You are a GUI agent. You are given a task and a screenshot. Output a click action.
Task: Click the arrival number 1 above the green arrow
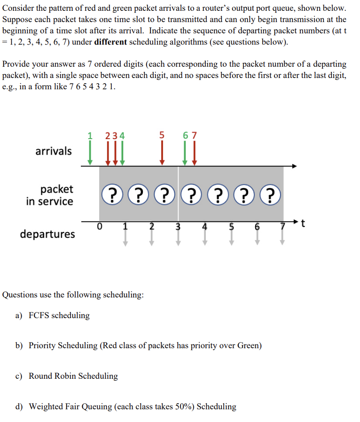pos(90,135)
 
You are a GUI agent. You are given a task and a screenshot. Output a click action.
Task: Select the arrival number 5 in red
pos(162,135)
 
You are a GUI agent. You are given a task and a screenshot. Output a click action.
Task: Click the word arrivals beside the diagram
pos(54,151)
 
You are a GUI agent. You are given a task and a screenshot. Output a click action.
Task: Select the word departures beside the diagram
pos(47,234)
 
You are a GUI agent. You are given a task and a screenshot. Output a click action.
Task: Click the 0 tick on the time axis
pos(99,226)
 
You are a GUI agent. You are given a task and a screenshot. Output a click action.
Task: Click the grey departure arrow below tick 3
pos(178,237)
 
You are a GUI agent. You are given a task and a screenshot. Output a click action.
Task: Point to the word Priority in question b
pos(44,346)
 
